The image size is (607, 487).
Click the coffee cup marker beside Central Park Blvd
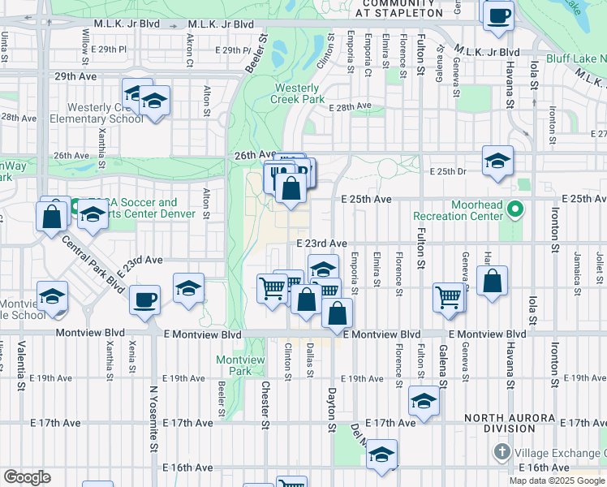145,299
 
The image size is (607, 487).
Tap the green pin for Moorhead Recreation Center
514,211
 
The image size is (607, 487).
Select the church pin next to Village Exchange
502,451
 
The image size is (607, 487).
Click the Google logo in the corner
27,477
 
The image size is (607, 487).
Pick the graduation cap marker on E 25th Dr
497,159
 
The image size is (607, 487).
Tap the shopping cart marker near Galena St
449,296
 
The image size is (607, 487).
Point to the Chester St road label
265,401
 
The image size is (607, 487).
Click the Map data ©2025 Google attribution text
557,481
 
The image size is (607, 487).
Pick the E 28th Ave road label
350,106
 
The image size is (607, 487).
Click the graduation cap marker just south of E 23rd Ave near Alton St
188,288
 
